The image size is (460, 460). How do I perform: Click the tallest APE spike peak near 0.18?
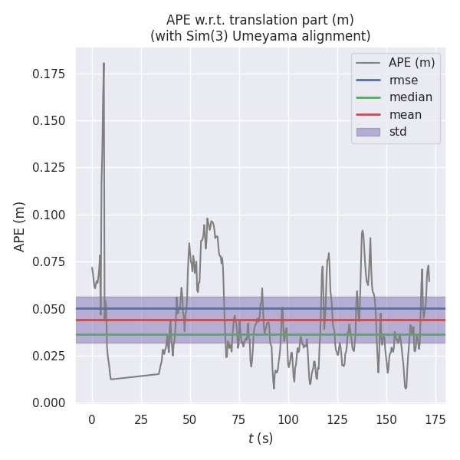(103, 64)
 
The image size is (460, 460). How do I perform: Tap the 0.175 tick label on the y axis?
(49, 74)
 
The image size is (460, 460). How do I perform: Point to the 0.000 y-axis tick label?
(49, 403)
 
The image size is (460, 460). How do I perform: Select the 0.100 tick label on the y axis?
(49, 215)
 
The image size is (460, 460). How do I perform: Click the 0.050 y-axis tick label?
(49, 309)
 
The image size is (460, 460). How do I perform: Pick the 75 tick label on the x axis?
(238, 419)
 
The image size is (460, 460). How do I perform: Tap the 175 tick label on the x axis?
(435, 419)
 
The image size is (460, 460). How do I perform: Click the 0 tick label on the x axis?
(92, 419)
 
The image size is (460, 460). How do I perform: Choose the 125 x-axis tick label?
(337, 419)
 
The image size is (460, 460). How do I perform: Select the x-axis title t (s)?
(261, 439)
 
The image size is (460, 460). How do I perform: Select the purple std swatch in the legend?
(368, 132)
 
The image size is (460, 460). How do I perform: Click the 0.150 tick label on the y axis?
(49, 121)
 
